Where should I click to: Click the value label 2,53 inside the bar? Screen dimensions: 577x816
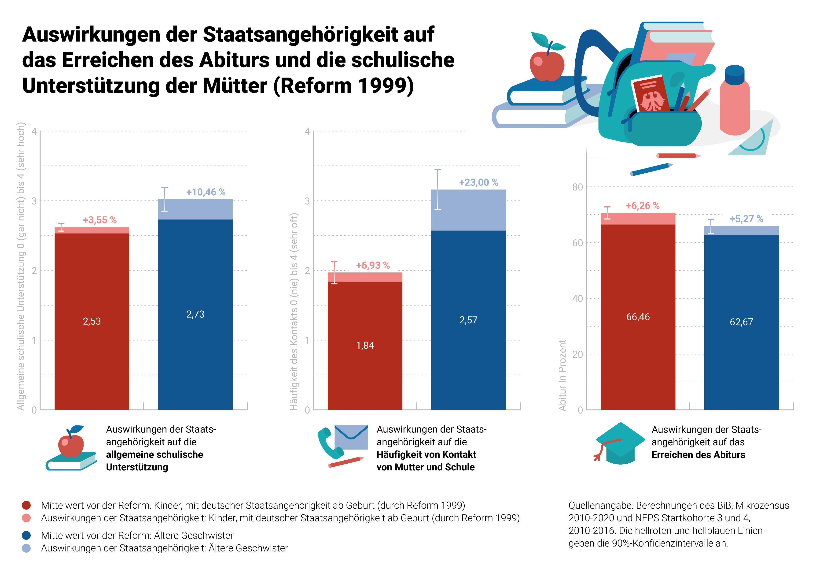tap(92, 321)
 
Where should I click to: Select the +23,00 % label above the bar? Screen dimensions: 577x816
tap(478, 182)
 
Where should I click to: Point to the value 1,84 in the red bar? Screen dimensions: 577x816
tap(365, 345)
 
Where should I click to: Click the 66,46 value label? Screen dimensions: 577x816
tap(638, 316)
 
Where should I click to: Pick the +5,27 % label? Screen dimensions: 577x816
tap(746, 219)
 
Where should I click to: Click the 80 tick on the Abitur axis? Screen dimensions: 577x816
tap(577, 187)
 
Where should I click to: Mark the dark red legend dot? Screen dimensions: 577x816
tap(26, 505)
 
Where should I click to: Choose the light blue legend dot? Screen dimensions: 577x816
tap(26, 548)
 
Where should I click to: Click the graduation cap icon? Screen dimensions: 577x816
tap(620, 443)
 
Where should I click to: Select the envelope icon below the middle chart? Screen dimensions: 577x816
tap(351, 437)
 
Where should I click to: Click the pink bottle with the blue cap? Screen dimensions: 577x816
tap(735, 101)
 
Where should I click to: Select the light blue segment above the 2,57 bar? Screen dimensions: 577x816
tap(468, 210)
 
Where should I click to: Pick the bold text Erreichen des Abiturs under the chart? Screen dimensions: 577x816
tap(698, 455)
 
